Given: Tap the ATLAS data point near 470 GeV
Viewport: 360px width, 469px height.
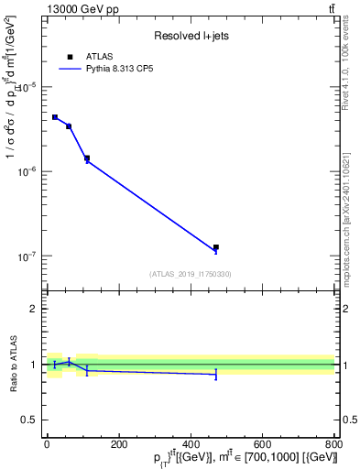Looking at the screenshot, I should click(216, 247).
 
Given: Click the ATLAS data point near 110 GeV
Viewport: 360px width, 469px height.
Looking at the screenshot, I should click(87, 158).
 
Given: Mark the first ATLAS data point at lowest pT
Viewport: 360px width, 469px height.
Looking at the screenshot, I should click(55, 117).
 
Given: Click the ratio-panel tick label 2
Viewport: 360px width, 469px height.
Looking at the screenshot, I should click(33, 309).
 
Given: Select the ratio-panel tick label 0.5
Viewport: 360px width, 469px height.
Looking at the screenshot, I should click(28, 420).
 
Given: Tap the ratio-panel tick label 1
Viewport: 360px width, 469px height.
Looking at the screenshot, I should click(33, 365).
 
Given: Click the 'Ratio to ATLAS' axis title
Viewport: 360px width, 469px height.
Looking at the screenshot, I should click(12, 364).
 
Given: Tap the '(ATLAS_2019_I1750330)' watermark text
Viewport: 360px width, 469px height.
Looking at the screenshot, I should click(191, 274).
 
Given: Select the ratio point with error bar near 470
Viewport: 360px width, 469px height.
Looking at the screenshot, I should click(216, 374).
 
